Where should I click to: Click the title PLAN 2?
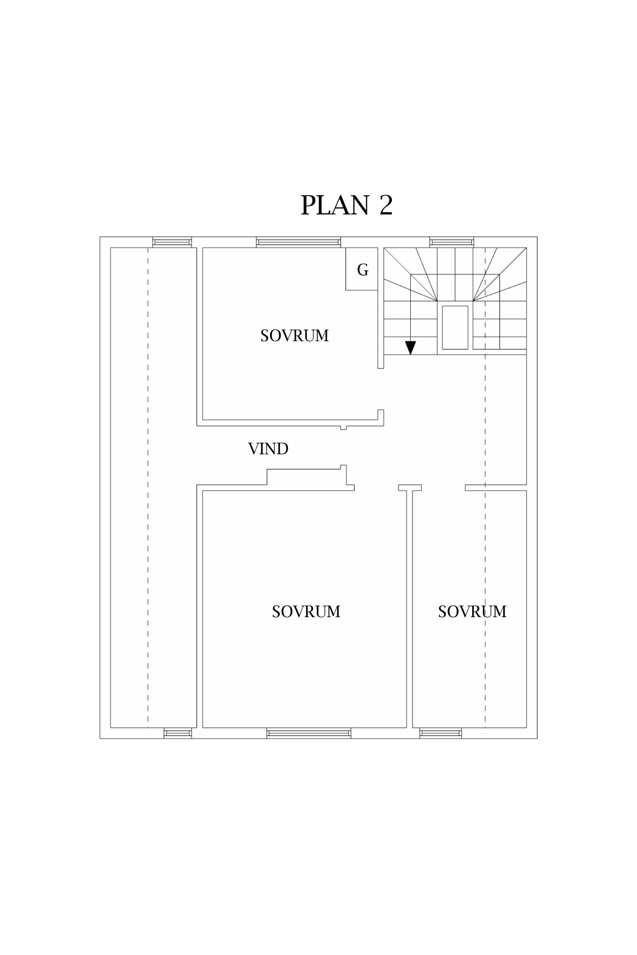347,205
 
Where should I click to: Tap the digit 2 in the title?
386,205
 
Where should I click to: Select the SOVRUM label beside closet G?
294,336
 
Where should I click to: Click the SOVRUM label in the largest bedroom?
306,612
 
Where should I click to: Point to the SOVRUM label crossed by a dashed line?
472,612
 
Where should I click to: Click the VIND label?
268,449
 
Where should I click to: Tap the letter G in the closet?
363,270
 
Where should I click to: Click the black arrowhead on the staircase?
410,348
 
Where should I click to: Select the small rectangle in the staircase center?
455,327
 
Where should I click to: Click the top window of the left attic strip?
172,242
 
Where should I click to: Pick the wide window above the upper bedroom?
299,242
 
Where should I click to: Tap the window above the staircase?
452,242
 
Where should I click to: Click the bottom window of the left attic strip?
178,733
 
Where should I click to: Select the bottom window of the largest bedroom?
309,733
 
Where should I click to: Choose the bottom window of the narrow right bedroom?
441,733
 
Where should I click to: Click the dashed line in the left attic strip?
148,487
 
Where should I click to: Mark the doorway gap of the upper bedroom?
381,389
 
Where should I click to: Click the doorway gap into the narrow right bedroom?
443,488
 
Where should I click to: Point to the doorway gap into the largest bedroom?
376,488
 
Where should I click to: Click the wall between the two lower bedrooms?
410,609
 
